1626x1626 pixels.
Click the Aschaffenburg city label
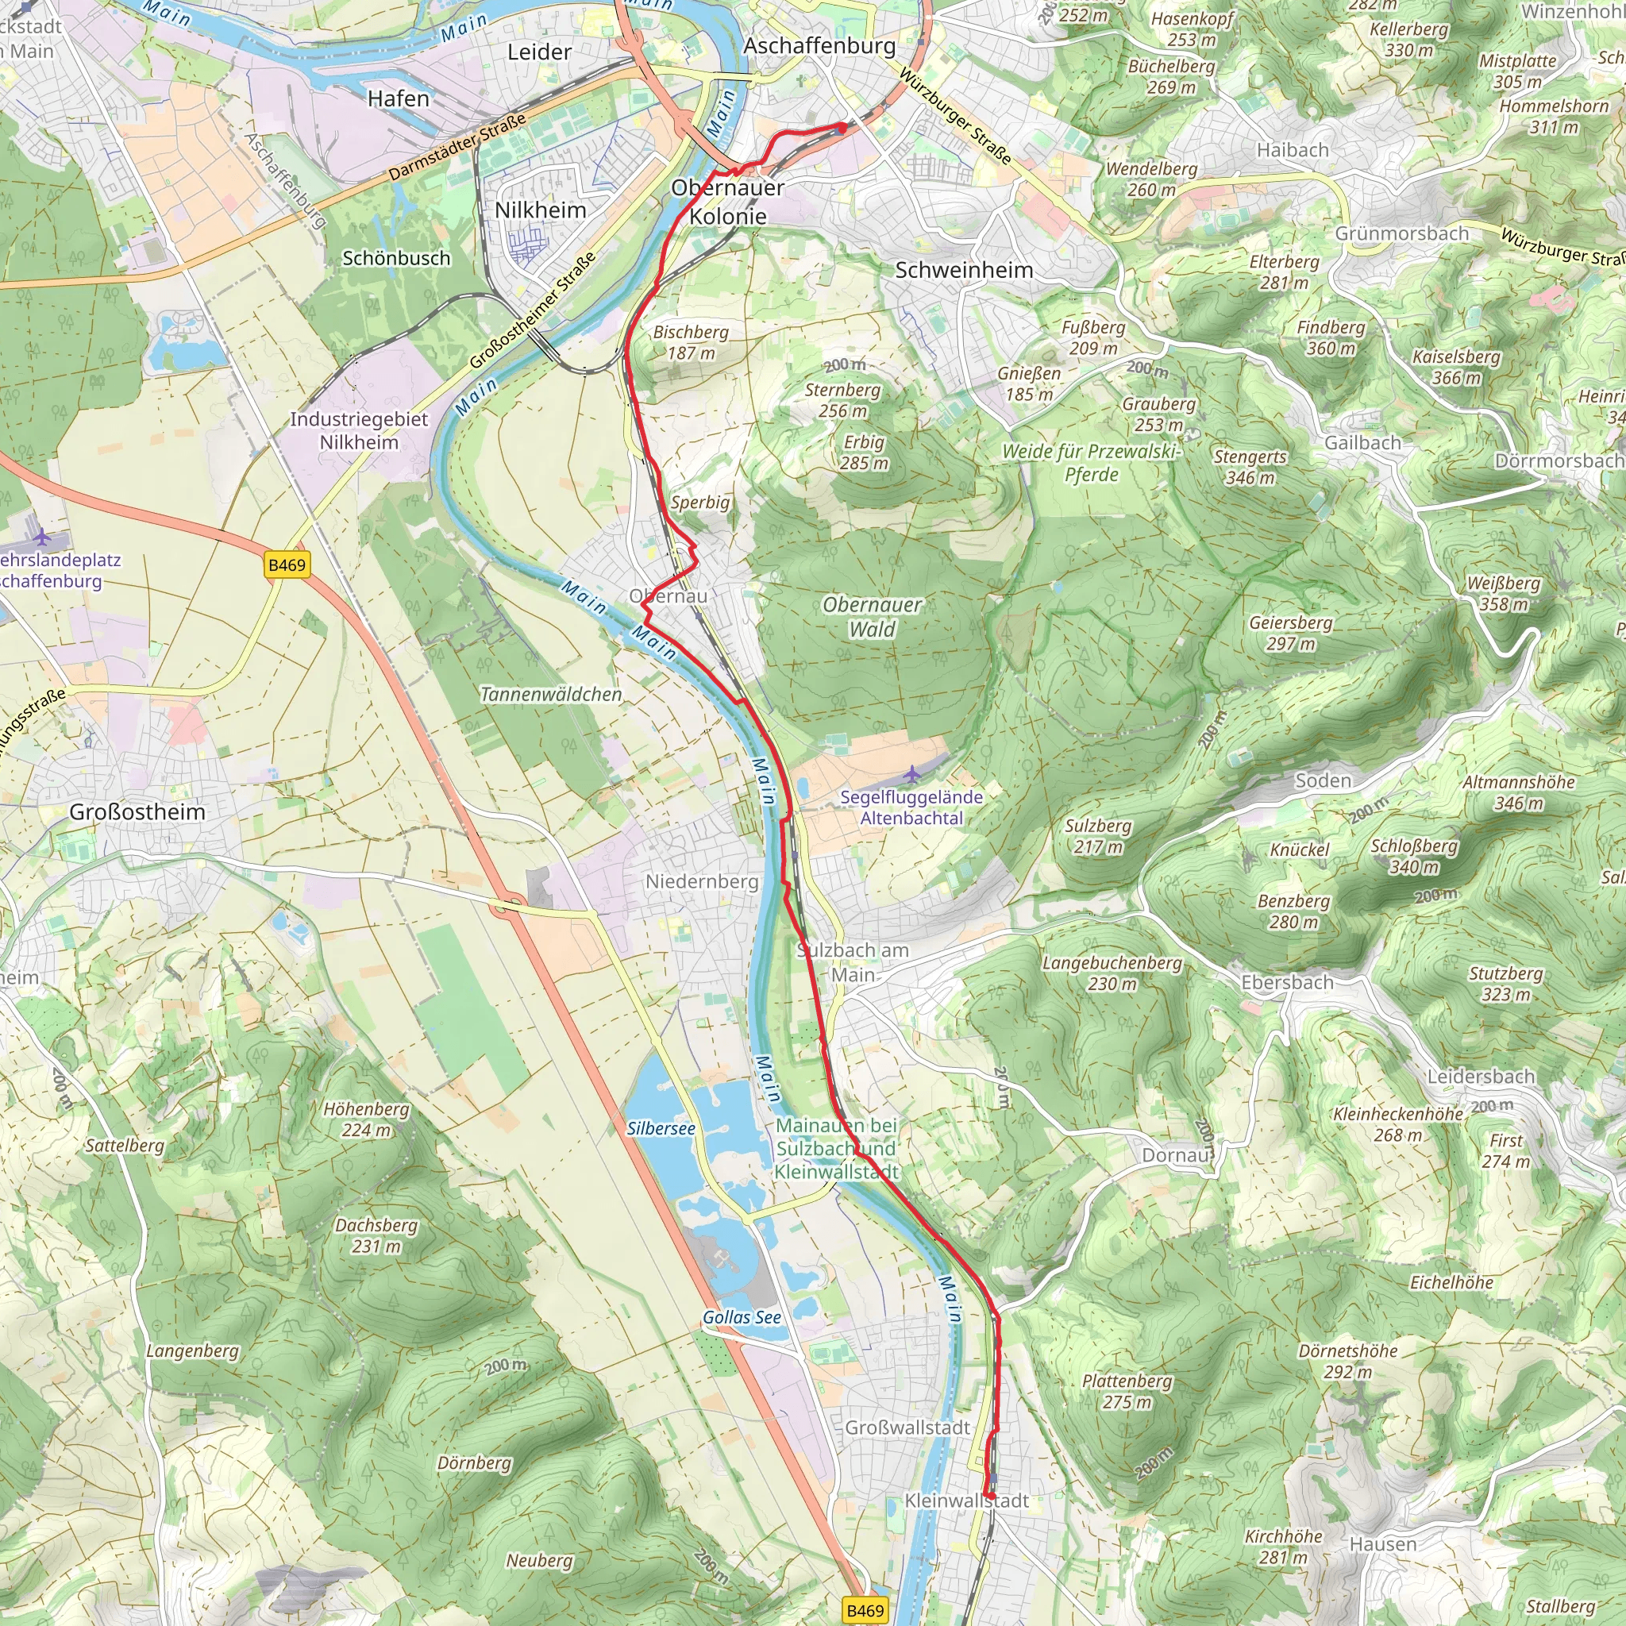click(x=819, y=45)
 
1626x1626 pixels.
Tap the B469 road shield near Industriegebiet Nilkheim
click(x=287, y=564)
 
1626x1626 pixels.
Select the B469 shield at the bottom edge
click(x=865, y=1610)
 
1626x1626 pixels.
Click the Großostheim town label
click(x=137, y=811)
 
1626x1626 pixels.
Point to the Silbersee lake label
click(x=661, y=1127)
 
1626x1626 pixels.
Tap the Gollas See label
click(x=742, y=1317)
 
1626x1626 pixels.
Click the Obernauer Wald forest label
click(x=872, y=616)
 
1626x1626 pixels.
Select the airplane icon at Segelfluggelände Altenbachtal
click(x=912, y=773)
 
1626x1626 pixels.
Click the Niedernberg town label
click(x=702, y=881)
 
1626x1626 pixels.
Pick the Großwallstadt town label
click(x=907, y=1428)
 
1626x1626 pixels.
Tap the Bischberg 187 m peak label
click(x=691, y=342)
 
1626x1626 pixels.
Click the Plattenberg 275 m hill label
click(x=1127, y=1391)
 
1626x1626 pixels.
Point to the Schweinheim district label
click(x=964, y=270)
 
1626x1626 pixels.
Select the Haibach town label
click(x=1293, y=150)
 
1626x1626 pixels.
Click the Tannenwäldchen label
click(x=551, y=695)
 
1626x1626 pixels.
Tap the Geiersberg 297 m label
click(x=1290, y=633)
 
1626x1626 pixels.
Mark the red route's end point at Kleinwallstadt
click(x=991, y=1495)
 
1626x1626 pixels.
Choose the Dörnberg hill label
click(x=474, y=1462)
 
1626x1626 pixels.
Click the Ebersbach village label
click(x=1287, y=982)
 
